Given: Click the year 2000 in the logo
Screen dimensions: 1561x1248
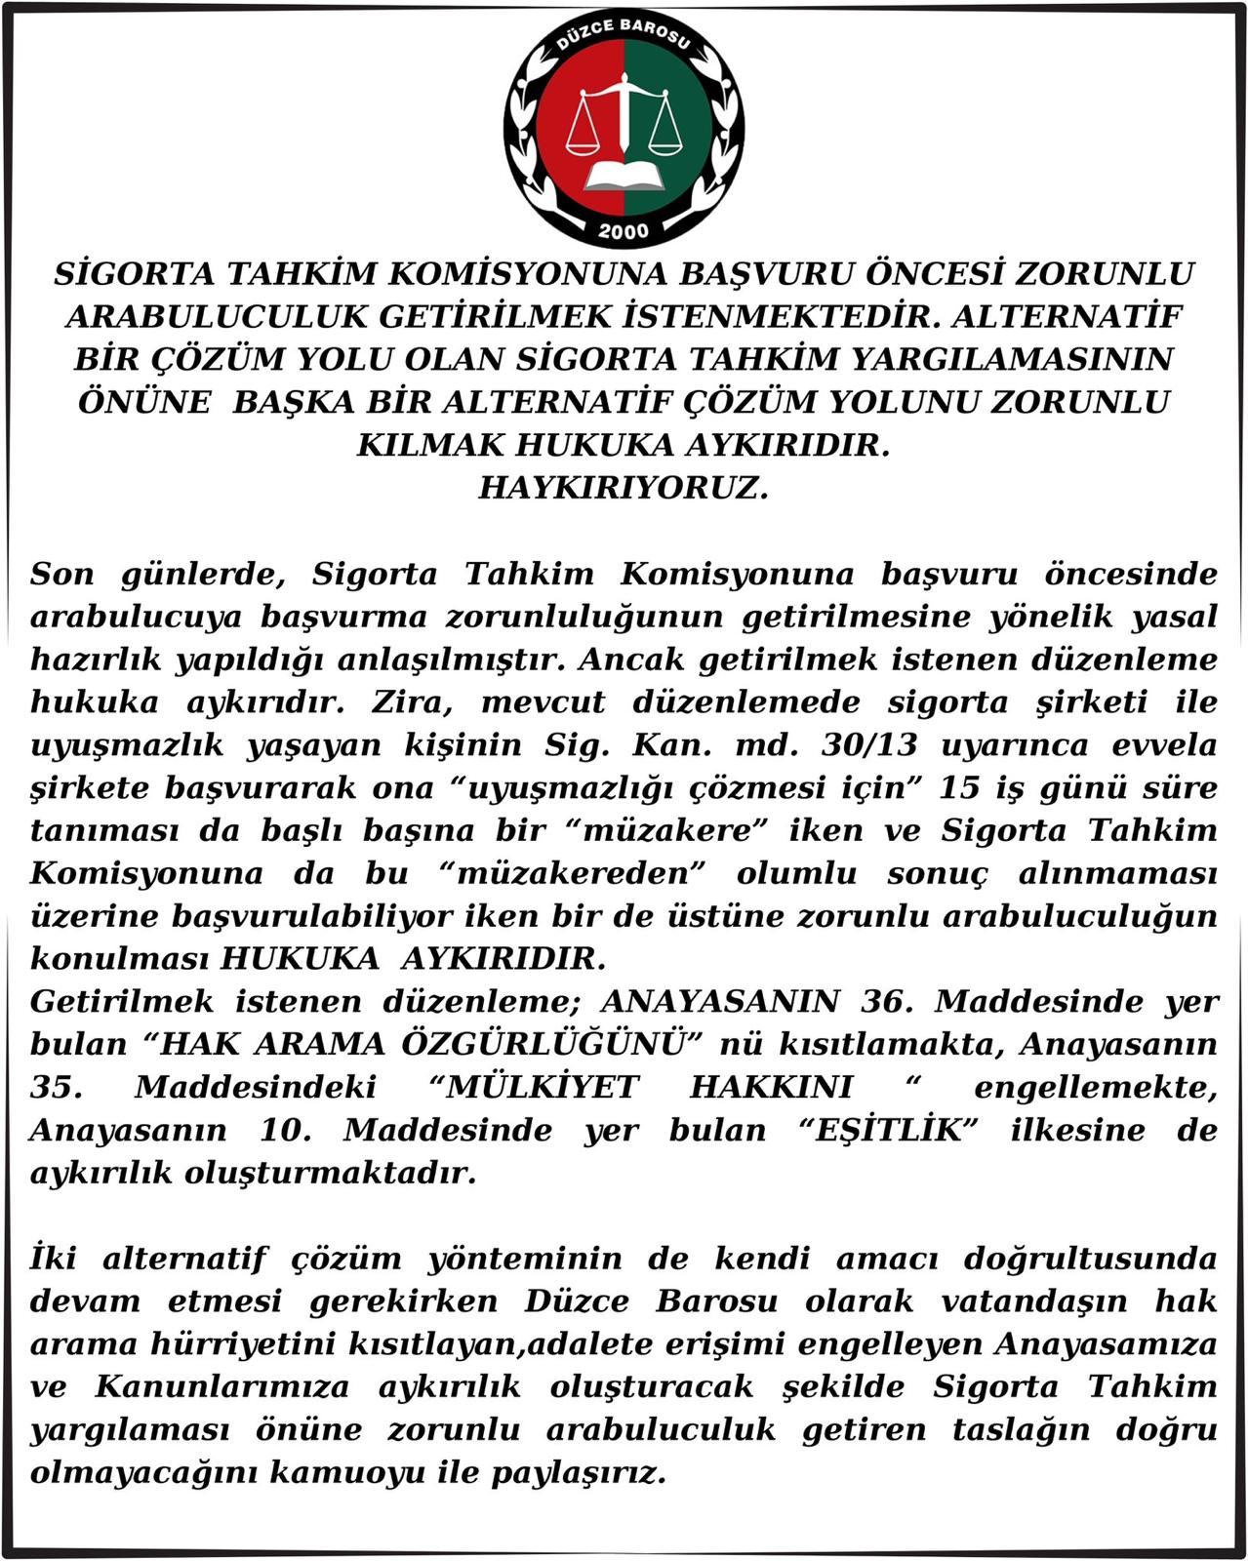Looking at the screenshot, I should click(x=624, y=231).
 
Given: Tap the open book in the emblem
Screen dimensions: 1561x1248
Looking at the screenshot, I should click(x=623, y=176).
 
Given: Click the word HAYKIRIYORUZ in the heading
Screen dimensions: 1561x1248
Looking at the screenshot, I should click(x=624, y=487).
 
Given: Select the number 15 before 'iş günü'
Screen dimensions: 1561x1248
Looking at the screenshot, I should click(x=959, y=787).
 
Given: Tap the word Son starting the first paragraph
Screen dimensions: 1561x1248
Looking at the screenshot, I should click(x=62, y=574).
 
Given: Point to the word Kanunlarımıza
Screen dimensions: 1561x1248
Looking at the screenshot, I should click(x=221, y=1386).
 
